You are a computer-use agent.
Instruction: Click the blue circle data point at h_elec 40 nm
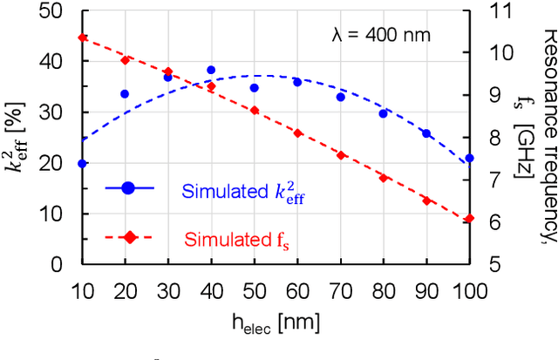(x=210, y=70)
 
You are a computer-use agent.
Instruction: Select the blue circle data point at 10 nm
(x=82, y=163)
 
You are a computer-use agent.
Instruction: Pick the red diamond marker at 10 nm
(x=82, y=37)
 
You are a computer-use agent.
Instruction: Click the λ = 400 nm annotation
(x=381, y=36)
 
